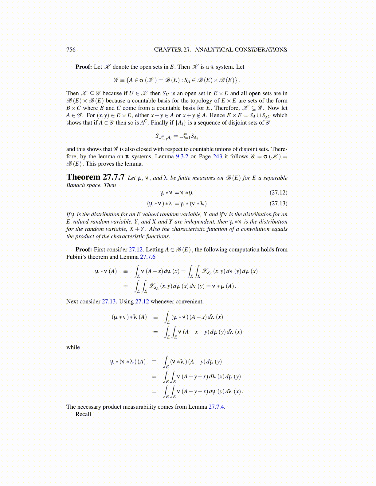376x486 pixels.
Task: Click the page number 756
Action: [71, 50]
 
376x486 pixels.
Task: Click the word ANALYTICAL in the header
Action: [214, 50]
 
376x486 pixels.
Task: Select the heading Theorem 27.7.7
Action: [95, 177]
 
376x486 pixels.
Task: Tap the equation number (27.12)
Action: [278, 193]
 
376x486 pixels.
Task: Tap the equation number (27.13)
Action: [278, 203]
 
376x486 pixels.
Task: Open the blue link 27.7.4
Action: [216, 407]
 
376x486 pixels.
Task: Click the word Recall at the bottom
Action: [83, 414]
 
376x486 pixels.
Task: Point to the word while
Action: [73, 347]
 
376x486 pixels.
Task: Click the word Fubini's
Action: [76, 257]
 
